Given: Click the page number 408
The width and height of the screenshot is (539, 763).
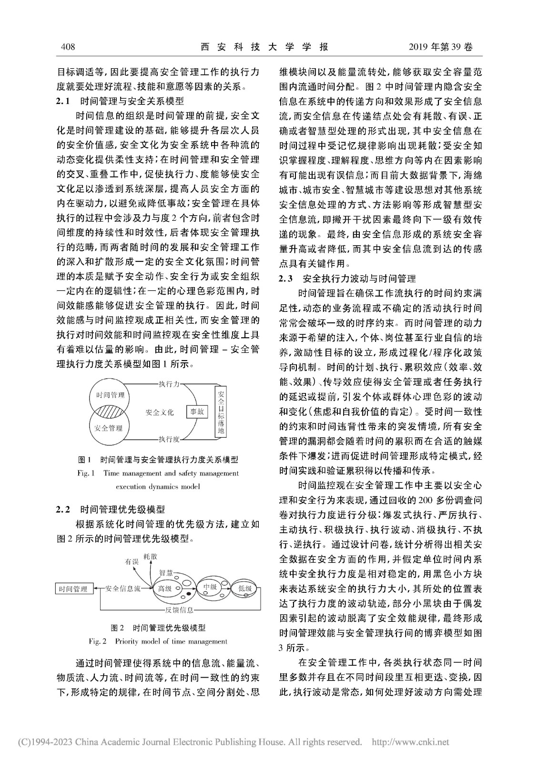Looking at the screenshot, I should [68, 47].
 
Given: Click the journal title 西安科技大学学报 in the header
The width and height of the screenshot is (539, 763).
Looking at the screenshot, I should [264, 47].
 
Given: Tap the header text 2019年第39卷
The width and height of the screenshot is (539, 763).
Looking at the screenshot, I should [441, 47].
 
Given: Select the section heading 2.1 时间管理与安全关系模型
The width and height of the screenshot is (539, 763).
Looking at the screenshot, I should [120, 101].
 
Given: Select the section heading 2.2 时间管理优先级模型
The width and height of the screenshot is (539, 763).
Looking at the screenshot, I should [111, 509].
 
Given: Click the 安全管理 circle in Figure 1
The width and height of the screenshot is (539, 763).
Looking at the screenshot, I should [109, 431].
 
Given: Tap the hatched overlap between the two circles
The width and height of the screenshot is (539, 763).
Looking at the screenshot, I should [110, 411].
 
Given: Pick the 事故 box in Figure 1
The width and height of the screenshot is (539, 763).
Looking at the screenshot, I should [197, 411].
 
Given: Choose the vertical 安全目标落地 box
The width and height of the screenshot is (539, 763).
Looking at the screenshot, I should [220, 411].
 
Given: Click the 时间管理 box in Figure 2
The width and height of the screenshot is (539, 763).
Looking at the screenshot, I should [73, 589].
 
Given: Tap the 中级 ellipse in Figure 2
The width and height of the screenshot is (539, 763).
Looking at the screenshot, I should [210, 588].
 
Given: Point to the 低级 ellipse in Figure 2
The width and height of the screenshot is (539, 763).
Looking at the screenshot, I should [244, 589].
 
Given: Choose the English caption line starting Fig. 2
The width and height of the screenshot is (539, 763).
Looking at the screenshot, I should [158, 641].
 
